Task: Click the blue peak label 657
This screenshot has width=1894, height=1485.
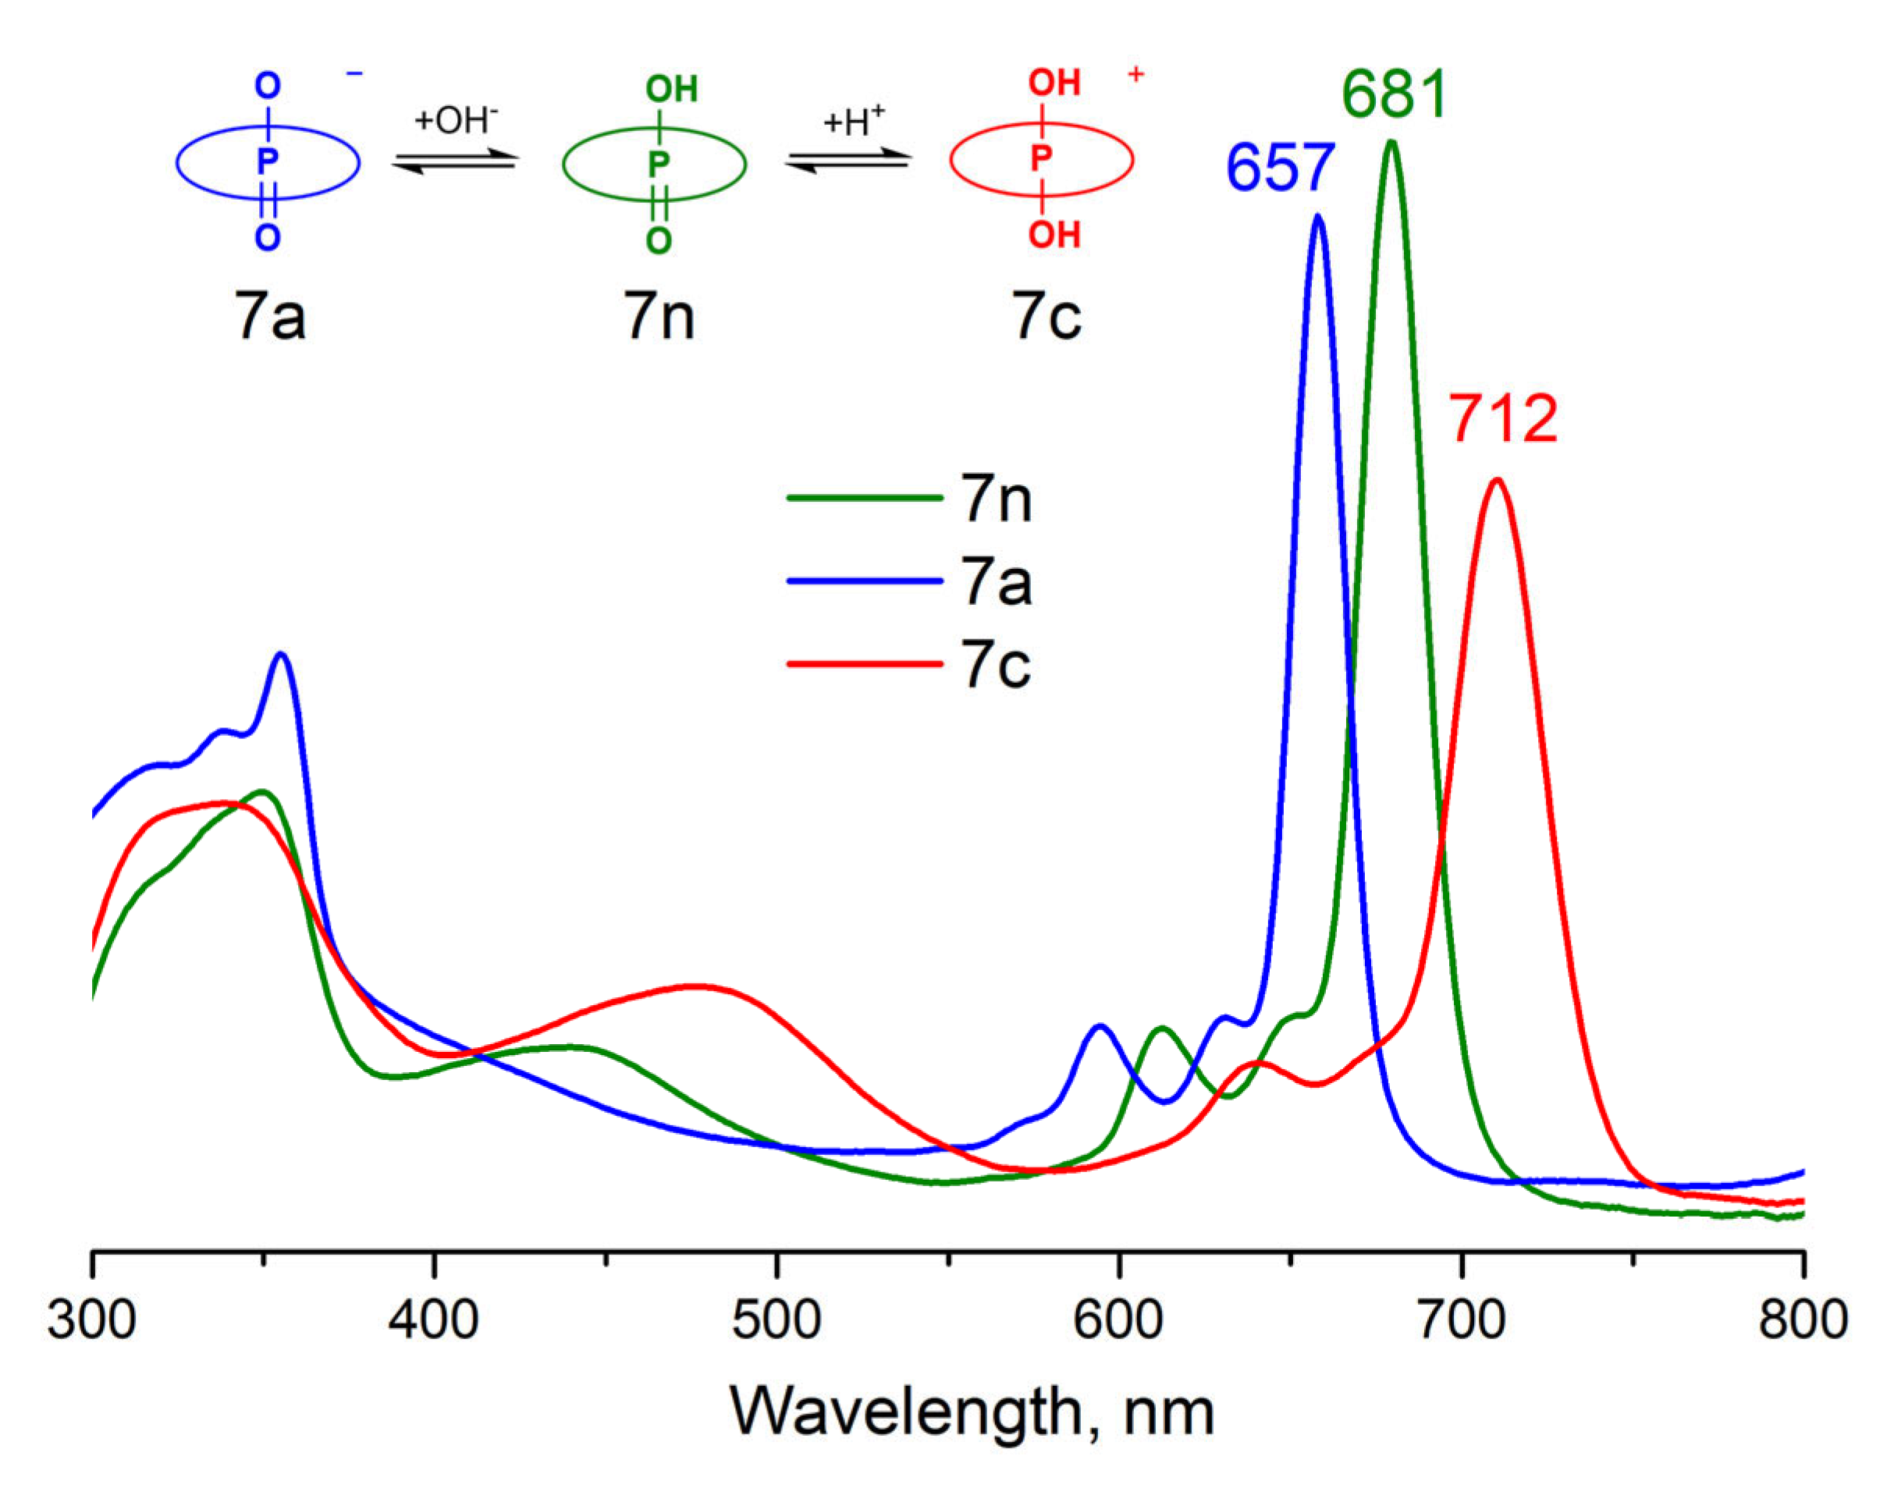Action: (x=1279, y=168)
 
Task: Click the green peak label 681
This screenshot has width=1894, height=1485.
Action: (x=1394, y=94)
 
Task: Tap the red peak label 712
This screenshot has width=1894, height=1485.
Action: (x=1503, y=419)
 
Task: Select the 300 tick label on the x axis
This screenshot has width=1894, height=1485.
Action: (x=91, y=1320)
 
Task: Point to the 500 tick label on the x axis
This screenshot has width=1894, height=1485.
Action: (x=776, y=1320)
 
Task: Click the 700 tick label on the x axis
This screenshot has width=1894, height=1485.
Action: (x=1461, y=1320)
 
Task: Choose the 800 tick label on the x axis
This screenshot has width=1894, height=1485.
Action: (x=1802, y=1320)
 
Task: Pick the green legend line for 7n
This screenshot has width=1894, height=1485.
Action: (x=865, y=498)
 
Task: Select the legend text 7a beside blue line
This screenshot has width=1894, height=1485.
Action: (x=997, y=581)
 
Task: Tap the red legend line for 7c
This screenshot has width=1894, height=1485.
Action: (x=865, y=664)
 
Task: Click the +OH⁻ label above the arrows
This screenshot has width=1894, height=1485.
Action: (x=456, y=120)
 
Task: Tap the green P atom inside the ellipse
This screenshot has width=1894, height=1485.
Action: (x=659, y=163)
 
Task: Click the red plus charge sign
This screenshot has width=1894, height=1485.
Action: (x=1135, y=75)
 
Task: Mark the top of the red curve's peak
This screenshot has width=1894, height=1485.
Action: (x=1497, y=480)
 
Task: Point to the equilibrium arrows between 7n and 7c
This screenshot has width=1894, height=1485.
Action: (x=849, y=161)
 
